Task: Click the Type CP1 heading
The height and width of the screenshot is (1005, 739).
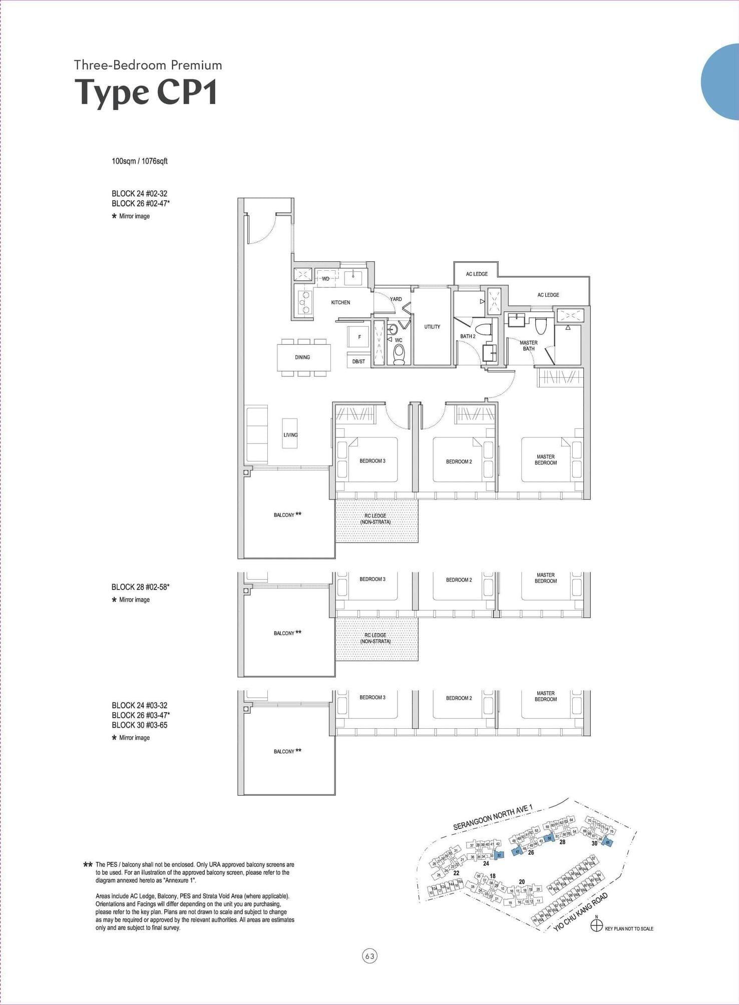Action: click(x=146, y=93)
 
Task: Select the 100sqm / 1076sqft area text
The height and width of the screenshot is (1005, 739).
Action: click(x=139, y=161)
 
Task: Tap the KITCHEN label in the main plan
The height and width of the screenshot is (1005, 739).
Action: click(x=340, y=302)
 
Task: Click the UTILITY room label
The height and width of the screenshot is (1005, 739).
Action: click(x=432, y=327)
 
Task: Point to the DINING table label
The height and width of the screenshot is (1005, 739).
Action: click(x=302, y=357)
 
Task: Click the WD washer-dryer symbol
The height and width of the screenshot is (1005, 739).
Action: click(x=325, y=279)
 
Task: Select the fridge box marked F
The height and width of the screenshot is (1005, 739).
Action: click(x=359, y=337)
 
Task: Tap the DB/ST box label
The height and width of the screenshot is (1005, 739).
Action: click(x=358, y=361)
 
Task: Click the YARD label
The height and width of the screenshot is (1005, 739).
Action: click(x=396, y=299)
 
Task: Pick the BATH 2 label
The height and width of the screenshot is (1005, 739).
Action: click(x=468, y=336)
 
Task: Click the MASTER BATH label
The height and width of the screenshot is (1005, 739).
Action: click(x=529, y=346)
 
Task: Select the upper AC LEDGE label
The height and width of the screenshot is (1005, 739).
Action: click(x=477, y=274)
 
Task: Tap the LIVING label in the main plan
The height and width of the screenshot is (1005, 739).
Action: click(x=290, y=435)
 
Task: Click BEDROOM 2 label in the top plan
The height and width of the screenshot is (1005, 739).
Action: click(x=459, y=461)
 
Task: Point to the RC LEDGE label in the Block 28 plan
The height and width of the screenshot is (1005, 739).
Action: click(x=376, y=638)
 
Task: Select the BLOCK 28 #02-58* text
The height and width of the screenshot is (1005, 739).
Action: click(x=141, y=587)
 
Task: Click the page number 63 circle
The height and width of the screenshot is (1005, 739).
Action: click(x=369, y=956)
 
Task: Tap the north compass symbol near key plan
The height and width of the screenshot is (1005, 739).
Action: click(x=596, y=926)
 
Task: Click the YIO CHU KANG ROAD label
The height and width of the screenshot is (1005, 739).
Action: click(x=581, y=912)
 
